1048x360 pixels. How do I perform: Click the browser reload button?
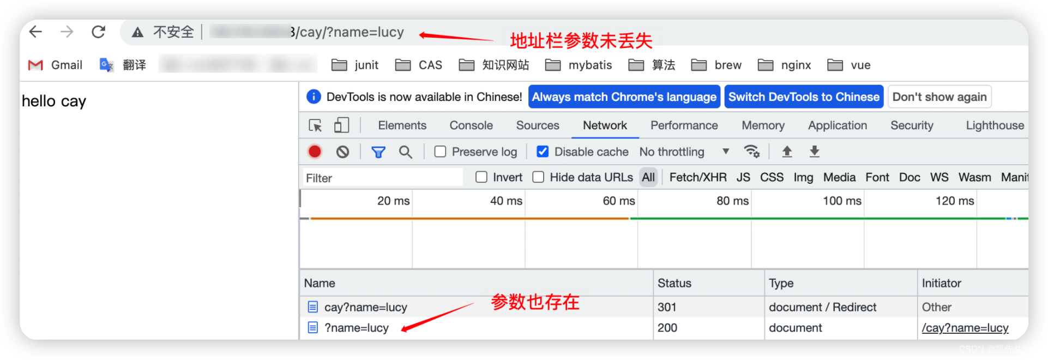tap(99, 32)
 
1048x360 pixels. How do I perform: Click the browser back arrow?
tap(36, 32)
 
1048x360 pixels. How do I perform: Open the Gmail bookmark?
tap(55, 65)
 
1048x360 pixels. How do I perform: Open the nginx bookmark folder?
tap(785, 65)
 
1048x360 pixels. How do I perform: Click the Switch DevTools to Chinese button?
tap(804, 97)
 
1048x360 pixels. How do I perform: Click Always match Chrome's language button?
tap(624, 97)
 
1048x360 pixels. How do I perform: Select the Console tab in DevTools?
tap(471, 125)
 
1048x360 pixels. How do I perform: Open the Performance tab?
tap(684, 125)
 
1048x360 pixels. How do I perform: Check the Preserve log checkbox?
tap(440, 152)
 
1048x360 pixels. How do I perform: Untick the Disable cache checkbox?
tap(543, 152)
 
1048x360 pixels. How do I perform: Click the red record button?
tap(315, 152)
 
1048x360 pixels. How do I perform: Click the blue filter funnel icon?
tap(378, 152)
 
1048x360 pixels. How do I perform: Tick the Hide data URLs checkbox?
tap(538, 177)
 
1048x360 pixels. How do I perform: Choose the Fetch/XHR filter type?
tap(697, 177)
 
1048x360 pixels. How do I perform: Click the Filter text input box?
tap(382, 178)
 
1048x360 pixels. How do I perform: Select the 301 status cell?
tap(667, 307)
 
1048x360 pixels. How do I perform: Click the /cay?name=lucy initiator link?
tap(965, 328)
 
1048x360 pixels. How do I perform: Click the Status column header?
tap(674, 283)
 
